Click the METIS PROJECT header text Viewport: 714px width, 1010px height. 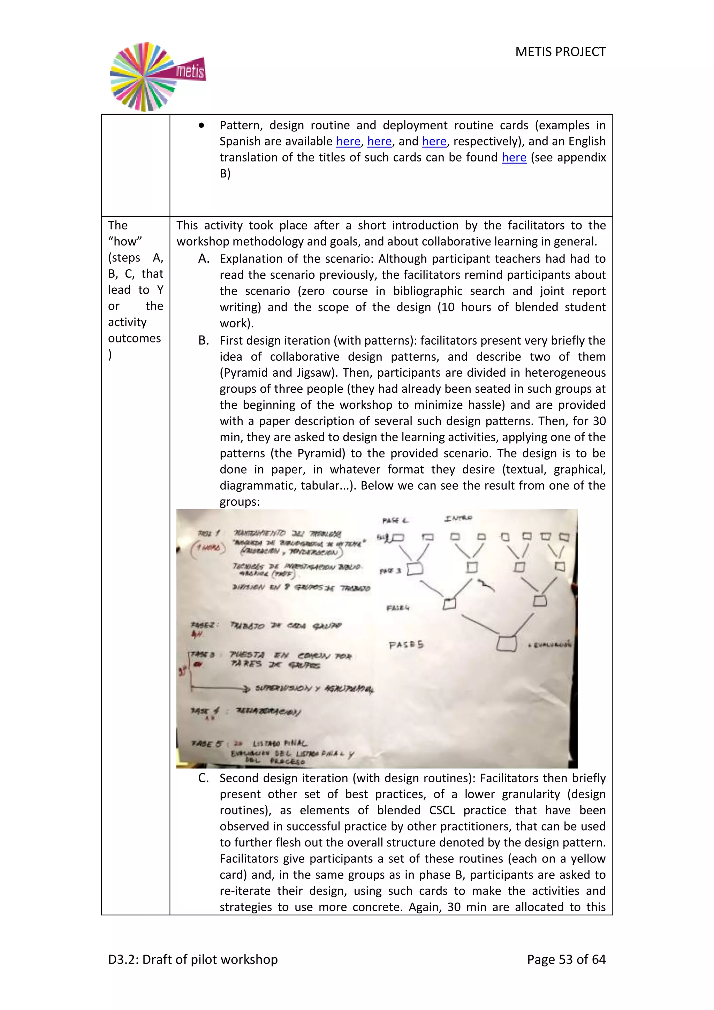(560, 52)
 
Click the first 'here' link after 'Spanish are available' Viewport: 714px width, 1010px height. (348, 141)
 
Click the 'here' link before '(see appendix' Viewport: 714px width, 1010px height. (514, 158)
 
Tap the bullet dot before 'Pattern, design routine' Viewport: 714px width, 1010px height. (202, 125)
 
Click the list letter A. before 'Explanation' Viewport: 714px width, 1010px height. (203, 259)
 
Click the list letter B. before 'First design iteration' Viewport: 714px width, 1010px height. (203, 340)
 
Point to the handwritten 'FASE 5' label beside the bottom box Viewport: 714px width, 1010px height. (406, 645)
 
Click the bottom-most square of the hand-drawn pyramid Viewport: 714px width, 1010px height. (507, 643)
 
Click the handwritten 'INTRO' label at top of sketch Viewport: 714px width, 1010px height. (458, 518)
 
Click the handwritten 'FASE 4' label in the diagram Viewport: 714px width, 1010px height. (397, 608)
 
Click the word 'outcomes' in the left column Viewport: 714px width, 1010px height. (134, 338)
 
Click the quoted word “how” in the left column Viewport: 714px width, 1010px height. (125, 241)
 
